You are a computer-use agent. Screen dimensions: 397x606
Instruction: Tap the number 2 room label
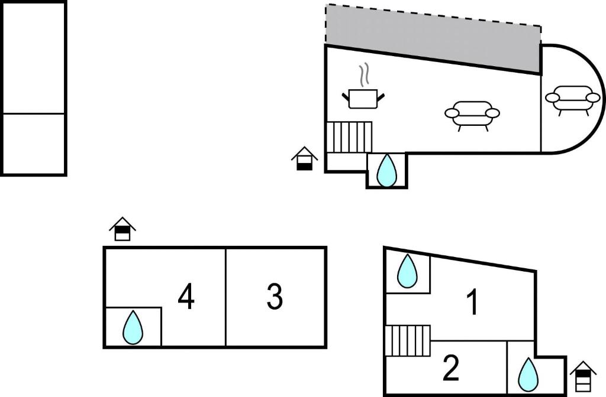click(x=451, y=369)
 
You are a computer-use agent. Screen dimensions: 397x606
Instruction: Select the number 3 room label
click(x=275, y=297)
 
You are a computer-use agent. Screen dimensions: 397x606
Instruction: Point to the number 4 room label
click(x=186, y=297)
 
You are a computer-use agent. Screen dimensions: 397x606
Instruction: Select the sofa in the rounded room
click(x=572, y=99)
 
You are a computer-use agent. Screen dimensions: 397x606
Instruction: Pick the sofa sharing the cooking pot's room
click(x=472, y=114)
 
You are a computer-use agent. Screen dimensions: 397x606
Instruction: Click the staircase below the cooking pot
click(x=349, y=137)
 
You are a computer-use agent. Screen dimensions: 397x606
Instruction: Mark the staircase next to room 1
click(x=407, y=341)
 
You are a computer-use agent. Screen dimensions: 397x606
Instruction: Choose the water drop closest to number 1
click(x=407, y=271)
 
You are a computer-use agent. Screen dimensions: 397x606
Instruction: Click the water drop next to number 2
click(x=528, y=374)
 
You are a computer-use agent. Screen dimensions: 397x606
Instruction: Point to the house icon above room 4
click(x=123, y=229)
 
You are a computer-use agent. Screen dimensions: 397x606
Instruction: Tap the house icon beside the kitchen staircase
click(x=304, y=158)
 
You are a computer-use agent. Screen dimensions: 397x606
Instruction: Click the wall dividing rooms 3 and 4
click(x=225, y=297)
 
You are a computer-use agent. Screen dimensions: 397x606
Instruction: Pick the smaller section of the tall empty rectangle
click(x=34, y=144)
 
